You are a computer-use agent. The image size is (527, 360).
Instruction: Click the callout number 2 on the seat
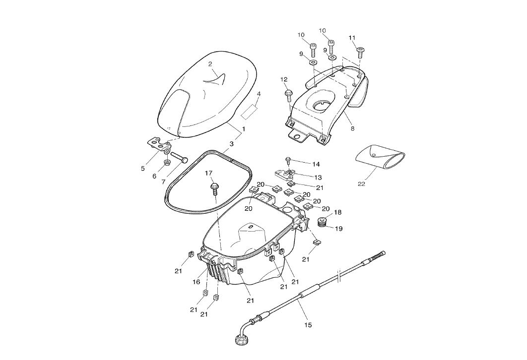point(210,64)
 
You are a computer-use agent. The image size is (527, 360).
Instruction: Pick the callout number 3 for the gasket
point(231,144)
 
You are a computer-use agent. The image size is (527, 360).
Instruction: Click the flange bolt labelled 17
point(214,187)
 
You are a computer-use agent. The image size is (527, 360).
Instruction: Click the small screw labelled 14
point(288,159)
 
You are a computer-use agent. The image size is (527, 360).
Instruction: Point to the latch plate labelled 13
point(286,174)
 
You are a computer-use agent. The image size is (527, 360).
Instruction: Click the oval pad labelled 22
point(380,158)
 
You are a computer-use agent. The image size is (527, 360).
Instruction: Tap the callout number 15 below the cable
point(308,325)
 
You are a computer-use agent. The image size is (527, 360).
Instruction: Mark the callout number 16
point(197,282)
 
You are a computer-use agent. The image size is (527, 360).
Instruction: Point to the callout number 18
point(337,212)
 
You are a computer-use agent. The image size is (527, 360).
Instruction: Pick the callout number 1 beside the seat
point(243,129)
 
